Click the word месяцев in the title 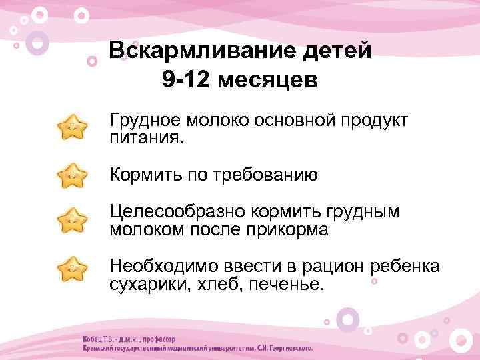267,79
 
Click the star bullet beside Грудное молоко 73,127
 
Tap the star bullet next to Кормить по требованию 73,176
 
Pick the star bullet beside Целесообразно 73,221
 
